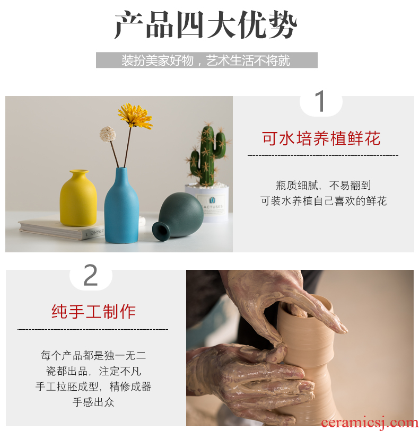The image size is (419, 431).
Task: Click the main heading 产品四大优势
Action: click(206, 25)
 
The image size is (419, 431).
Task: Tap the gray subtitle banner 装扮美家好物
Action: click(206, 60)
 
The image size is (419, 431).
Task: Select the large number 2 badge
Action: click(91, 275)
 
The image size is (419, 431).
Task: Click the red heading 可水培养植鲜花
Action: click(321, 138)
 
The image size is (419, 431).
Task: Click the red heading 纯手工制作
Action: click(93, 312)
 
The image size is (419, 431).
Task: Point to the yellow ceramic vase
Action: click(78, 198)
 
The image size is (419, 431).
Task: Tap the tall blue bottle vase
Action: click(121, 206)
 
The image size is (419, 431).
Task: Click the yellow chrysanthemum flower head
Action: click(135, 116)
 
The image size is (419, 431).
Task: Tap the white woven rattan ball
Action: click(108, 134)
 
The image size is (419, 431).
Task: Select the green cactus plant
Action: click(208, 155)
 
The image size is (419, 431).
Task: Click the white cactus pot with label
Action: click(207, 203)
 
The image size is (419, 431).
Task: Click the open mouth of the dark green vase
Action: click(161, 232)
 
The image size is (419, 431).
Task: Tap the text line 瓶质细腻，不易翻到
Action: click(324, 186)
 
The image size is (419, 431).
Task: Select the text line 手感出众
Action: click(93, 402)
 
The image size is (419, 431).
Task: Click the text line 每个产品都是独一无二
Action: click(93, 355)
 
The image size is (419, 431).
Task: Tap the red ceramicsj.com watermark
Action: click(370, 423)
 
